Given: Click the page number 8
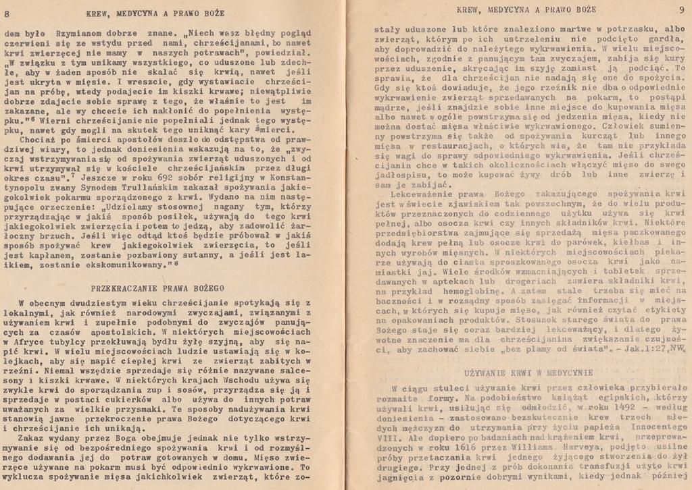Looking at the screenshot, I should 7,13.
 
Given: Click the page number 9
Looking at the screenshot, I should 681,9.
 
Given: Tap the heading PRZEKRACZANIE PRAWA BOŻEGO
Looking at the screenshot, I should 157,288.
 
